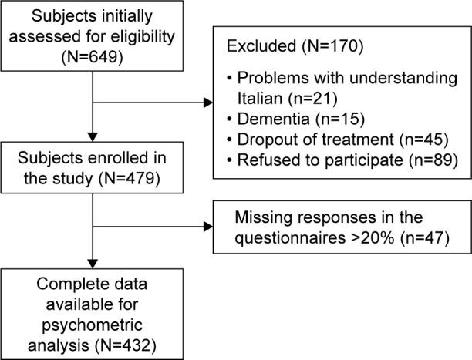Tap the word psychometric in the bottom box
click(x=92, y=321)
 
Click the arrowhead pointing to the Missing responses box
click(x=208, y=227)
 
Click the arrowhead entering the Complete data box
click(x=92, y=261)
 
